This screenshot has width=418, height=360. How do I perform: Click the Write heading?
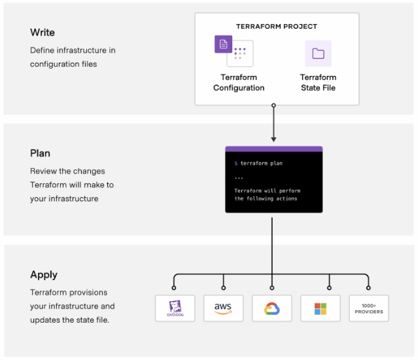tap(43, 32)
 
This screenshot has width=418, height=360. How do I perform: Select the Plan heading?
tap(41, 153)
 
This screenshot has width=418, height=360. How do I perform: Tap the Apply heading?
tap(44, 274)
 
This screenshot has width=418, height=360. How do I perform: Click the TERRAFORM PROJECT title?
tap(276, 27)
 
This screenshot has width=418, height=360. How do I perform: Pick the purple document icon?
tap(223, 45)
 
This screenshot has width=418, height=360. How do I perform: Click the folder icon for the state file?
tap(318, 54)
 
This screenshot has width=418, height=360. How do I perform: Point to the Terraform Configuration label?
tap(239, 82)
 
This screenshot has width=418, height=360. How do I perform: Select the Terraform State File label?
tap(318, 82)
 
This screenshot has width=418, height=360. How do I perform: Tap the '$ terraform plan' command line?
tap(259, 163)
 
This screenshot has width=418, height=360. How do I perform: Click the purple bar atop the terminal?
tap(273, 149)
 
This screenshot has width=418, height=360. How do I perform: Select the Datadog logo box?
tap(175, 308)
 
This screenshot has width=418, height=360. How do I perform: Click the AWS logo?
tap(224, 308)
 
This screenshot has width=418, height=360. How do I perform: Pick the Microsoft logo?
tap(321, 308)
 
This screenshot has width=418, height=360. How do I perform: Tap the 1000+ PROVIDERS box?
tap(369, 308)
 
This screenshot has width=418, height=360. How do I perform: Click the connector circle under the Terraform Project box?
tap(273, 105)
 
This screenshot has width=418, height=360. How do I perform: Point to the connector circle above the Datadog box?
tap(174, 287)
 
